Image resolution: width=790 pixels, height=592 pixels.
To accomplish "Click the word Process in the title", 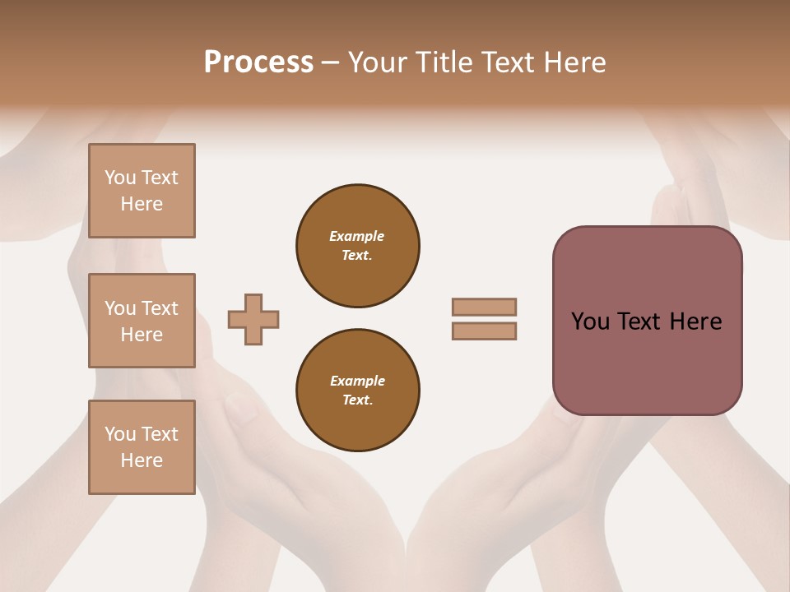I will [258, 62].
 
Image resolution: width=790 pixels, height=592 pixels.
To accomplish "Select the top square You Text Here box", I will [142, 191].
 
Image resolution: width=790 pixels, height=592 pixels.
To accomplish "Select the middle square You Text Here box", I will [142, 321].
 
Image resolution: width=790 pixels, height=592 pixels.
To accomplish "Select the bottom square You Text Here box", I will [142, 447].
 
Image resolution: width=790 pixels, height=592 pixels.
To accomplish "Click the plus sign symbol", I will [253, 320].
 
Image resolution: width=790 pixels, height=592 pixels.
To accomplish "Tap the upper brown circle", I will [358, 245].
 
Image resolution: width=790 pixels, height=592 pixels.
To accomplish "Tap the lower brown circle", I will [358, 390].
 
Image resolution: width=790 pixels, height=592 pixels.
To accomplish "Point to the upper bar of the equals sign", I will [485, 307].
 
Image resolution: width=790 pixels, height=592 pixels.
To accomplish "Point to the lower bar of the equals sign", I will [485, 331].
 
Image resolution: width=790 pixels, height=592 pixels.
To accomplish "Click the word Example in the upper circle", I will [356, 236].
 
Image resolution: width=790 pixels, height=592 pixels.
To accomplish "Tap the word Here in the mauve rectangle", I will [695, 321].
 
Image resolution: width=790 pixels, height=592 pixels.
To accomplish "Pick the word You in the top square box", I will [119, 178].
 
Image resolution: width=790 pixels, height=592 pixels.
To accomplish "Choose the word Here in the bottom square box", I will [142, 460].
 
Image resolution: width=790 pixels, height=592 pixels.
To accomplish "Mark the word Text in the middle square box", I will [160, 308].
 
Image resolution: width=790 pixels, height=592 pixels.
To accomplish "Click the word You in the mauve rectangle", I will [590, 321].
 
